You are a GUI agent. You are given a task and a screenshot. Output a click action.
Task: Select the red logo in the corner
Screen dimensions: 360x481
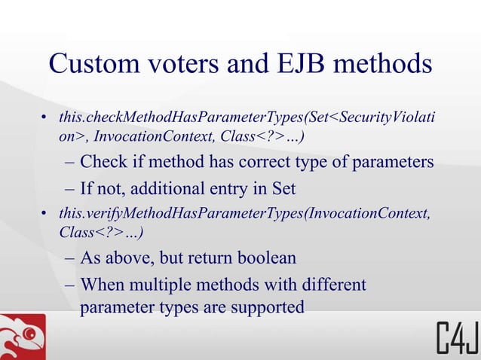point(23,337)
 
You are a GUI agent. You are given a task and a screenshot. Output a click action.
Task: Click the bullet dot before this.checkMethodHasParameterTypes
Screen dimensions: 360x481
point(45,119)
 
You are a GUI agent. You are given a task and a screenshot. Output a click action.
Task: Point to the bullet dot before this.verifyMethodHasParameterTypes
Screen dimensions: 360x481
point(45,216)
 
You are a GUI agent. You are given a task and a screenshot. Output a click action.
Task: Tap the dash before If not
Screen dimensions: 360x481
point(69,188)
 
